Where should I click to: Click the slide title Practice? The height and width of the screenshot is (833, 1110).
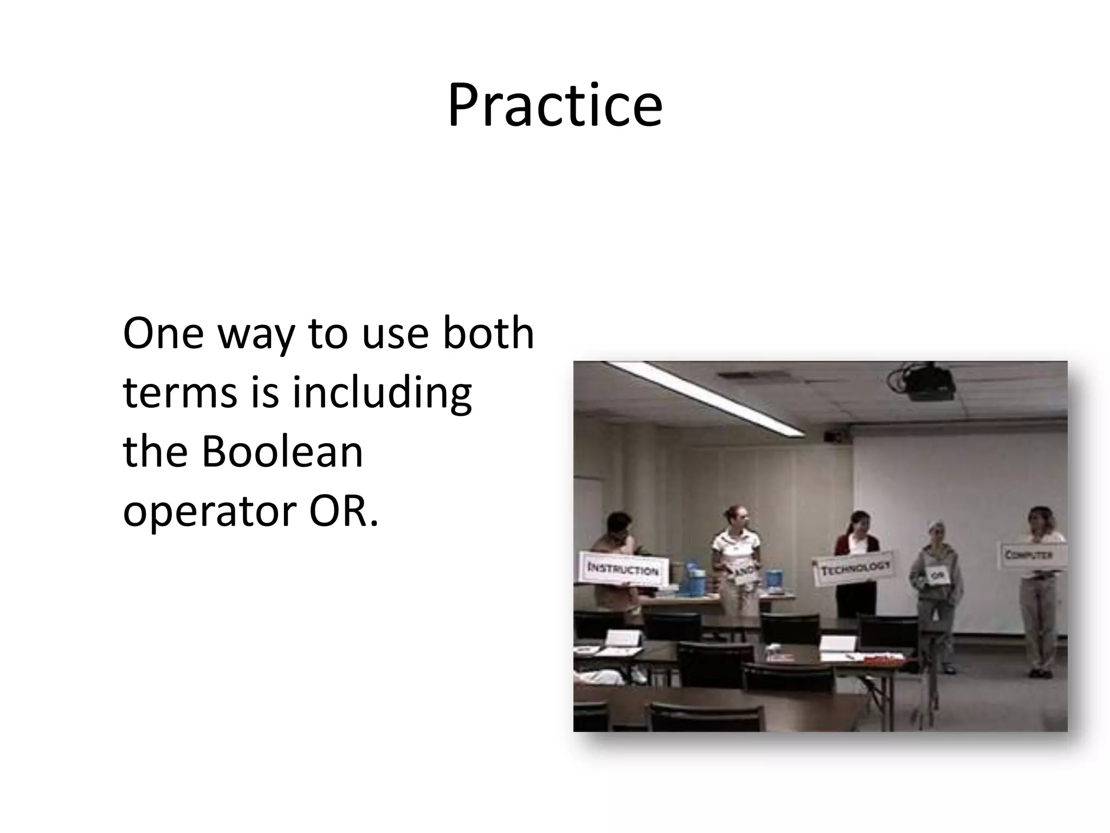[x=554, y=106]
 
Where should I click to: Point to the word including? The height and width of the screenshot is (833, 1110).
[x=382, y=393]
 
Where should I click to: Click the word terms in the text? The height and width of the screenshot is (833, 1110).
[x=180, y=393]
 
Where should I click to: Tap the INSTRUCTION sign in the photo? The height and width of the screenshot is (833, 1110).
[x=623, y=569]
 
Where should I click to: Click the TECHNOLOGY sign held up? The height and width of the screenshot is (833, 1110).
[x=855, y=568]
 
